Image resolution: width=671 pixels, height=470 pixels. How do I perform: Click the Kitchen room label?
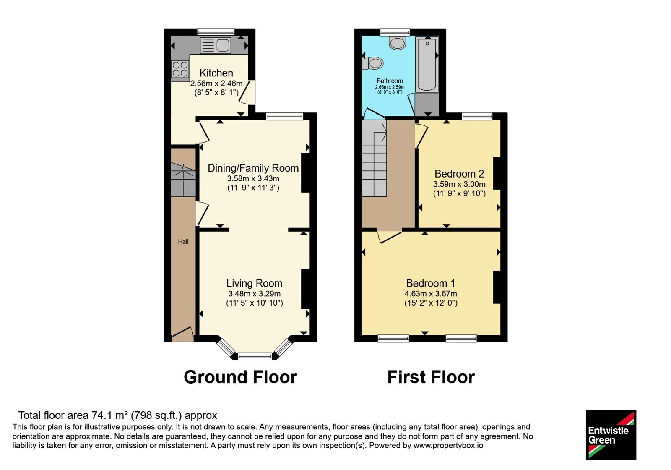[216, 73]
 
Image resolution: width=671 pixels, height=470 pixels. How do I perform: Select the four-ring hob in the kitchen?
[180, 69]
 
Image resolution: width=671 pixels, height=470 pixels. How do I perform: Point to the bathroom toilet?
[372, 63]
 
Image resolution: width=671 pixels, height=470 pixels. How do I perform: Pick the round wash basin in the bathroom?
[397, 43]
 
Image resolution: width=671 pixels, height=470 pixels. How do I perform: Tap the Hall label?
[183, 242]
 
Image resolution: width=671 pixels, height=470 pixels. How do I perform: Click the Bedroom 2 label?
[459, 174]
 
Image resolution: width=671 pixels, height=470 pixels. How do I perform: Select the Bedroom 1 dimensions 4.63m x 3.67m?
[431, 294]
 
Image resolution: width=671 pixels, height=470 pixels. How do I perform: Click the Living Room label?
[254, 283]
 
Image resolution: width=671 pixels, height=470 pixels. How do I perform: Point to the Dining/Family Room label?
[253, 168]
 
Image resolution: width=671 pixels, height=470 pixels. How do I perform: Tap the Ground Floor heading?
[240, 377]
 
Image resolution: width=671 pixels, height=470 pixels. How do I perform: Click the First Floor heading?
[431, 377]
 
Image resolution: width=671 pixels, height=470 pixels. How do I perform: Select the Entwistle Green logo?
[611, 435]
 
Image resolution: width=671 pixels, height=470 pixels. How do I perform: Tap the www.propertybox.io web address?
[448, 445]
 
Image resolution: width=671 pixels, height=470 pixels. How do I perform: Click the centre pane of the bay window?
[255, 356]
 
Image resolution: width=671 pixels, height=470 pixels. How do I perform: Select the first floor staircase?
[374, 158]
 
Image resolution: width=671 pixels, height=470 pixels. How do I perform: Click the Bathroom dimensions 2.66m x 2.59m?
[390, 87]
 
